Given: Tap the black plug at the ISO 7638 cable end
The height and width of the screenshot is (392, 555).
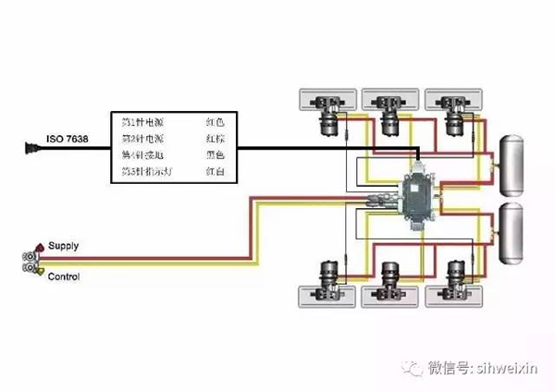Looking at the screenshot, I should click(31, 145).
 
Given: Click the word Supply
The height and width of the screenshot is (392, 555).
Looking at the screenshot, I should click(64, 246).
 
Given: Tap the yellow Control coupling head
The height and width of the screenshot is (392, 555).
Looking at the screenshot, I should click(34, 269).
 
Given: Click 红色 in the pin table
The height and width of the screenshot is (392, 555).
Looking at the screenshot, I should click(215, 121).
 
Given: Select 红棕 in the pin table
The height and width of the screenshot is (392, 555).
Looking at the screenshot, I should click(215, 139).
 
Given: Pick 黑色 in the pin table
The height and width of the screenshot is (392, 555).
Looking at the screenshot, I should click(215, 155).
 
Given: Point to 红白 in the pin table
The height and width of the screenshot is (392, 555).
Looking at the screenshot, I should click(215, 173).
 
